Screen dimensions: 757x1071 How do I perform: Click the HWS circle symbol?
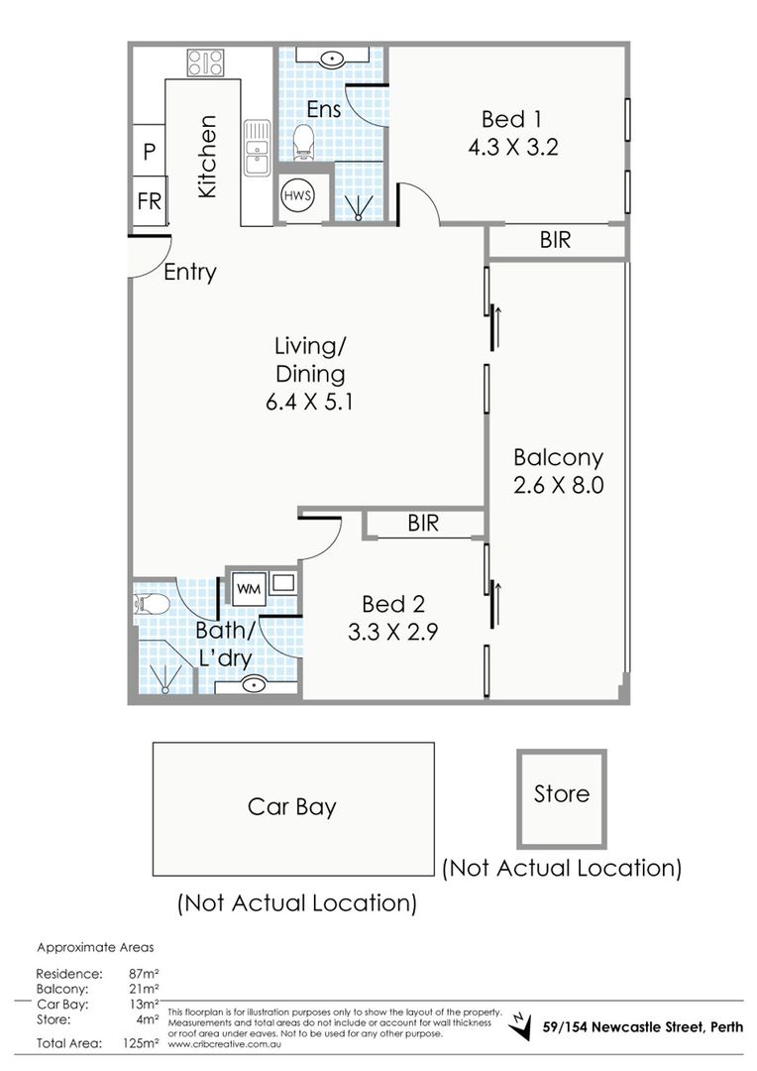coord(297,196)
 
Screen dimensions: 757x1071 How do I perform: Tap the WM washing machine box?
coord(249,589)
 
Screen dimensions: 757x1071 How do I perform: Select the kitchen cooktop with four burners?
coord(205,62)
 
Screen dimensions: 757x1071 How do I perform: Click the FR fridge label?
coord(150,201)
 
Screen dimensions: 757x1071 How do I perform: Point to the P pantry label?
coord(150,152)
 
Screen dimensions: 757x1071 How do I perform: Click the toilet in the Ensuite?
coord(303,142)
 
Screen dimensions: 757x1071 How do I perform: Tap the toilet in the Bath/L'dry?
coord(152,605)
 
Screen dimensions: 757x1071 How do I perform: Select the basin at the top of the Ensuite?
coord(332,58)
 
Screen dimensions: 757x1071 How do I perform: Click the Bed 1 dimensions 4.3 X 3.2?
coord(513,147)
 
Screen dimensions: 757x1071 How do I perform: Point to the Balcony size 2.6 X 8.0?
coord(559,485)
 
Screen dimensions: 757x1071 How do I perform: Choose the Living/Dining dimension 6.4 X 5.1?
coord(310,402)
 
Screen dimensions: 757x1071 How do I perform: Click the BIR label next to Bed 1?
coord(555,240)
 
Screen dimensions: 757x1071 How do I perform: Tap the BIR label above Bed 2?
coord(423,524)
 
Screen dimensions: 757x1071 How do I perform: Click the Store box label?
coord(561,793)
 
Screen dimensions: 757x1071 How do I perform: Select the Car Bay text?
coord(292,807)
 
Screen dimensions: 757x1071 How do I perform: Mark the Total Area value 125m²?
coord(144,1043)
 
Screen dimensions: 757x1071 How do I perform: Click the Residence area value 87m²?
coord(144,974)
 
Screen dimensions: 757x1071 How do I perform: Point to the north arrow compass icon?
coord(522,1025)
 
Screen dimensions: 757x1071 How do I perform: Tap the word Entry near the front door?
coord(190,272)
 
